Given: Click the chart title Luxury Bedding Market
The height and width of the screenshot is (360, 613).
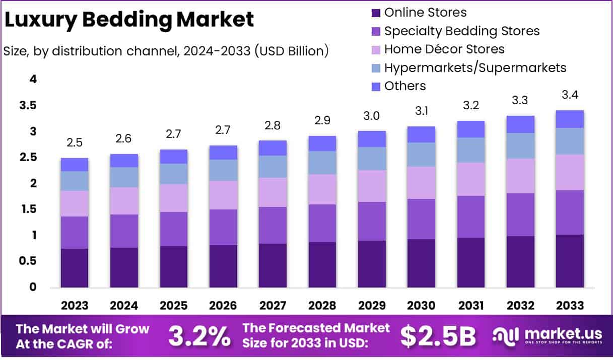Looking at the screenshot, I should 129,20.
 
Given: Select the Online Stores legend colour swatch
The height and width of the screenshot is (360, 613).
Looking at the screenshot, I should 376,13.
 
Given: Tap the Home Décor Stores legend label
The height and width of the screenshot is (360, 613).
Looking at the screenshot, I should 444,49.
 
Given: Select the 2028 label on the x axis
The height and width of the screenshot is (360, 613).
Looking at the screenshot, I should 322,306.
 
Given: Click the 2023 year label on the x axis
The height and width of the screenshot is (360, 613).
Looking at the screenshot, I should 75,306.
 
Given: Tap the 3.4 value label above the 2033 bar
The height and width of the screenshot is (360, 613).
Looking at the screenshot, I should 570,95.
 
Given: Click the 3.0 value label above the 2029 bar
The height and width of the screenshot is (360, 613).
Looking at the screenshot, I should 371,116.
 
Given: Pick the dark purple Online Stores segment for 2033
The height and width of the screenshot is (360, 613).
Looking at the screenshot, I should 570,261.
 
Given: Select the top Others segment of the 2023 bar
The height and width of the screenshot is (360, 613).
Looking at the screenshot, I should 75,165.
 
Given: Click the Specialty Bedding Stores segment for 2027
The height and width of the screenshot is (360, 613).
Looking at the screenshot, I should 273,225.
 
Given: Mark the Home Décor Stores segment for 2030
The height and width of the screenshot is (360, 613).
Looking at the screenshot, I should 421,183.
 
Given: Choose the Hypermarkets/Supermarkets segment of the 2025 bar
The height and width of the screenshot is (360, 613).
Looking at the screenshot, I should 173,174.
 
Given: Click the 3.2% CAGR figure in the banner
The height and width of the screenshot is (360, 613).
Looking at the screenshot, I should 199,336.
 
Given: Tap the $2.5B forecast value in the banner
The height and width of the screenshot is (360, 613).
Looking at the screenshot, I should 438,336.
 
